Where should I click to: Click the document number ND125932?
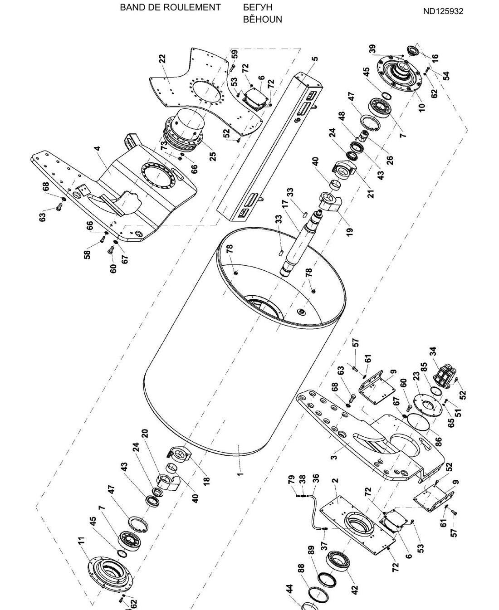tap(443, 11)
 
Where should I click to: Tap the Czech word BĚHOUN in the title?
tap(262, 19)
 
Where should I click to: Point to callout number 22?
tap(163, 59)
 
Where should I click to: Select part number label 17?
tap(285, 203)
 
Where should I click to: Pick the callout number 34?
tap(433, 351)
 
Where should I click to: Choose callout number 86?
tap(439, 442)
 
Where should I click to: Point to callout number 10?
tap(422, 107)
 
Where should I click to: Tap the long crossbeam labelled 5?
tap(269, 147)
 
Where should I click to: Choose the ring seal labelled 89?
tap(327, 580)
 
